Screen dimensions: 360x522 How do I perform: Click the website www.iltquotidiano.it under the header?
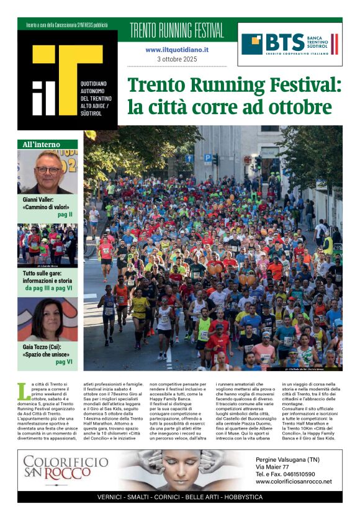177,49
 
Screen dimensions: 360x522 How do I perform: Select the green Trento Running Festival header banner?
177,30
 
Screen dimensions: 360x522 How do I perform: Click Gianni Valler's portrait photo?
47,172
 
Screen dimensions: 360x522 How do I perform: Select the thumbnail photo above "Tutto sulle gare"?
47,245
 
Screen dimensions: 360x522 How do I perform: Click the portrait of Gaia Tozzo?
47,320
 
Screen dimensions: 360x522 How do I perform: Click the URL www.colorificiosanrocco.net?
294,482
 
